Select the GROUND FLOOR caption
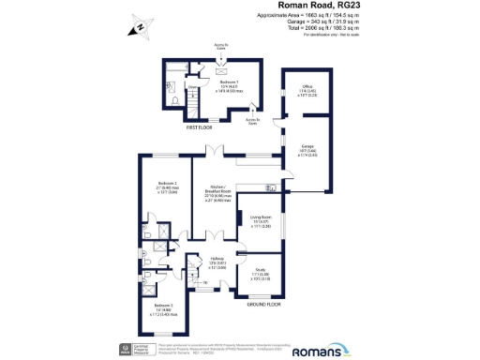point(264,304)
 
